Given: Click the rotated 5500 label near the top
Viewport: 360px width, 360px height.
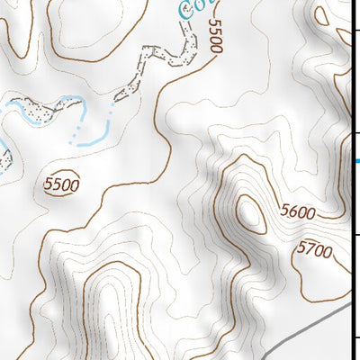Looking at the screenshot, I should click(x=214, y=35).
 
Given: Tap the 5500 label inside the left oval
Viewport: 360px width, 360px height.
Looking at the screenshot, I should click(x=61, y=185).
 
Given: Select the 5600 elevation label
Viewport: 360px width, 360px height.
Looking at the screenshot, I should click(x=298, y=212).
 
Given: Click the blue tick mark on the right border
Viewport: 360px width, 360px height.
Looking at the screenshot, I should click(x=355, y=161).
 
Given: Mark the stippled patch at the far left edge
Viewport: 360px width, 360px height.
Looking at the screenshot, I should click(x=4, y=159).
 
